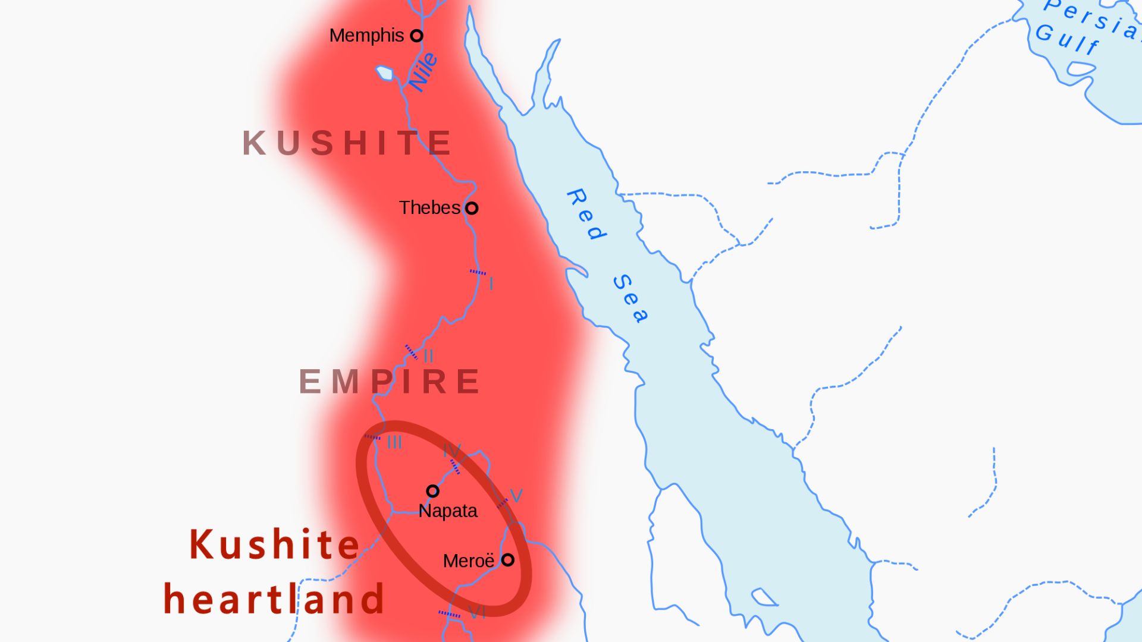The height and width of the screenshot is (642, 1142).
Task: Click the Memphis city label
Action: [x=366, y=36]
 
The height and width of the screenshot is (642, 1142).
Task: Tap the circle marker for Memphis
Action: [x=417, y=36]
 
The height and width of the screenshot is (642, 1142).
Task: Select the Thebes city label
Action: [x=429, y=208]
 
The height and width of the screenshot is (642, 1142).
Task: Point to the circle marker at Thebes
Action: [x=472, y=209]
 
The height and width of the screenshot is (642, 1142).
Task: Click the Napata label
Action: [x=448, y=511]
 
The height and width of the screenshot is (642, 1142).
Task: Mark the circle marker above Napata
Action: [x=432, y=491]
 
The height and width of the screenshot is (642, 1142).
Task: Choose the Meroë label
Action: [x=469, y=561]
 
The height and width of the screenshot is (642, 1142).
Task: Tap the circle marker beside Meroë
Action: [x=507, y=560]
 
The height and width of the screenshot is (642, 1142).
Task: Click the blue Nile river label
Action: [x=423, y=72]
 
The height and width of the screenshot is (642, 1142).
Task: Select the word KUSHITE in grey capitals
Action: [x=347, y=143]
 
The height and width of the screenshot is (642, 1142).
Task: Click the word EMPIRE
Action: [x=390, y=382]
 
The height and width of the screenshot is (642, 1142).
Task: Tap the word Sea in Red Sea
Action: [x=630, y=298]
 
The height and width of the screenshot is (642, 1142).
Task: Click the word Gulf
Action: [x=1067, y=39]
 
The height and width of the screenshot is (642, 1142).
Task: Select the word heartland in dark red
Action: [x=274, y=599]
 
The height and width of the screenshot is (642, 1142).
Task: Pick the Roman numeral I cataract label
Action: [x=491, y=284]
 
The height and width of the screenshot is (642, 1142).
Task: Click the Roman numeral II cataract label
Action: [x=428, y=357]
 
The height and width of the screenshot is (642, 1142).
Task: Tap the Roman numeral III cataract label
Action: [x=394, y=443]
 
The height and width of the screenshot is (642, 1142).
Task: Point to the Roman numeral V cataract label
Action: [x=516, y=496]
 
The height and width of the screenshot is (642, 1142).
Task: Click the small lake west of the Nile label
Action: [x=385, y=73]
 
